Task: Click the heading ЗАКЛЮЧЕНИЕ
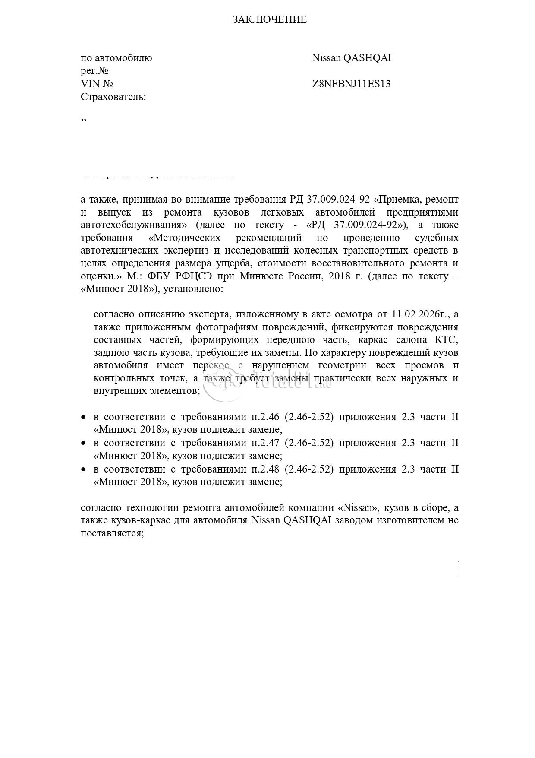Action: pyautogui.click(x=269, y=19)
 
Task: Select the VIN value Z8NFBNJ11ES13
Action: pyautogui.click(x=351, y=84)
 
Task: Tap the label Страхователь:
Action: pyautogui.click(x=113, y=97)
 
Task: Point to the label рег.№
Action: pyautogui.click(x=94, y=71)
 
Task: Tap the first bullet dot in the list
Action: pyautogui.click(x=84, y=418)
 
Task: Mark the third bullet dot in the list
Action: pyautogui.click(x=84, y=469)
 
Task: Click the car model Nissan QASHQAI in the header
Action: pyautogui.click(x=352, y=58)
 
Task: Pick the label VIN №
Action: pyautogui.click(x=97, y=84)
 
